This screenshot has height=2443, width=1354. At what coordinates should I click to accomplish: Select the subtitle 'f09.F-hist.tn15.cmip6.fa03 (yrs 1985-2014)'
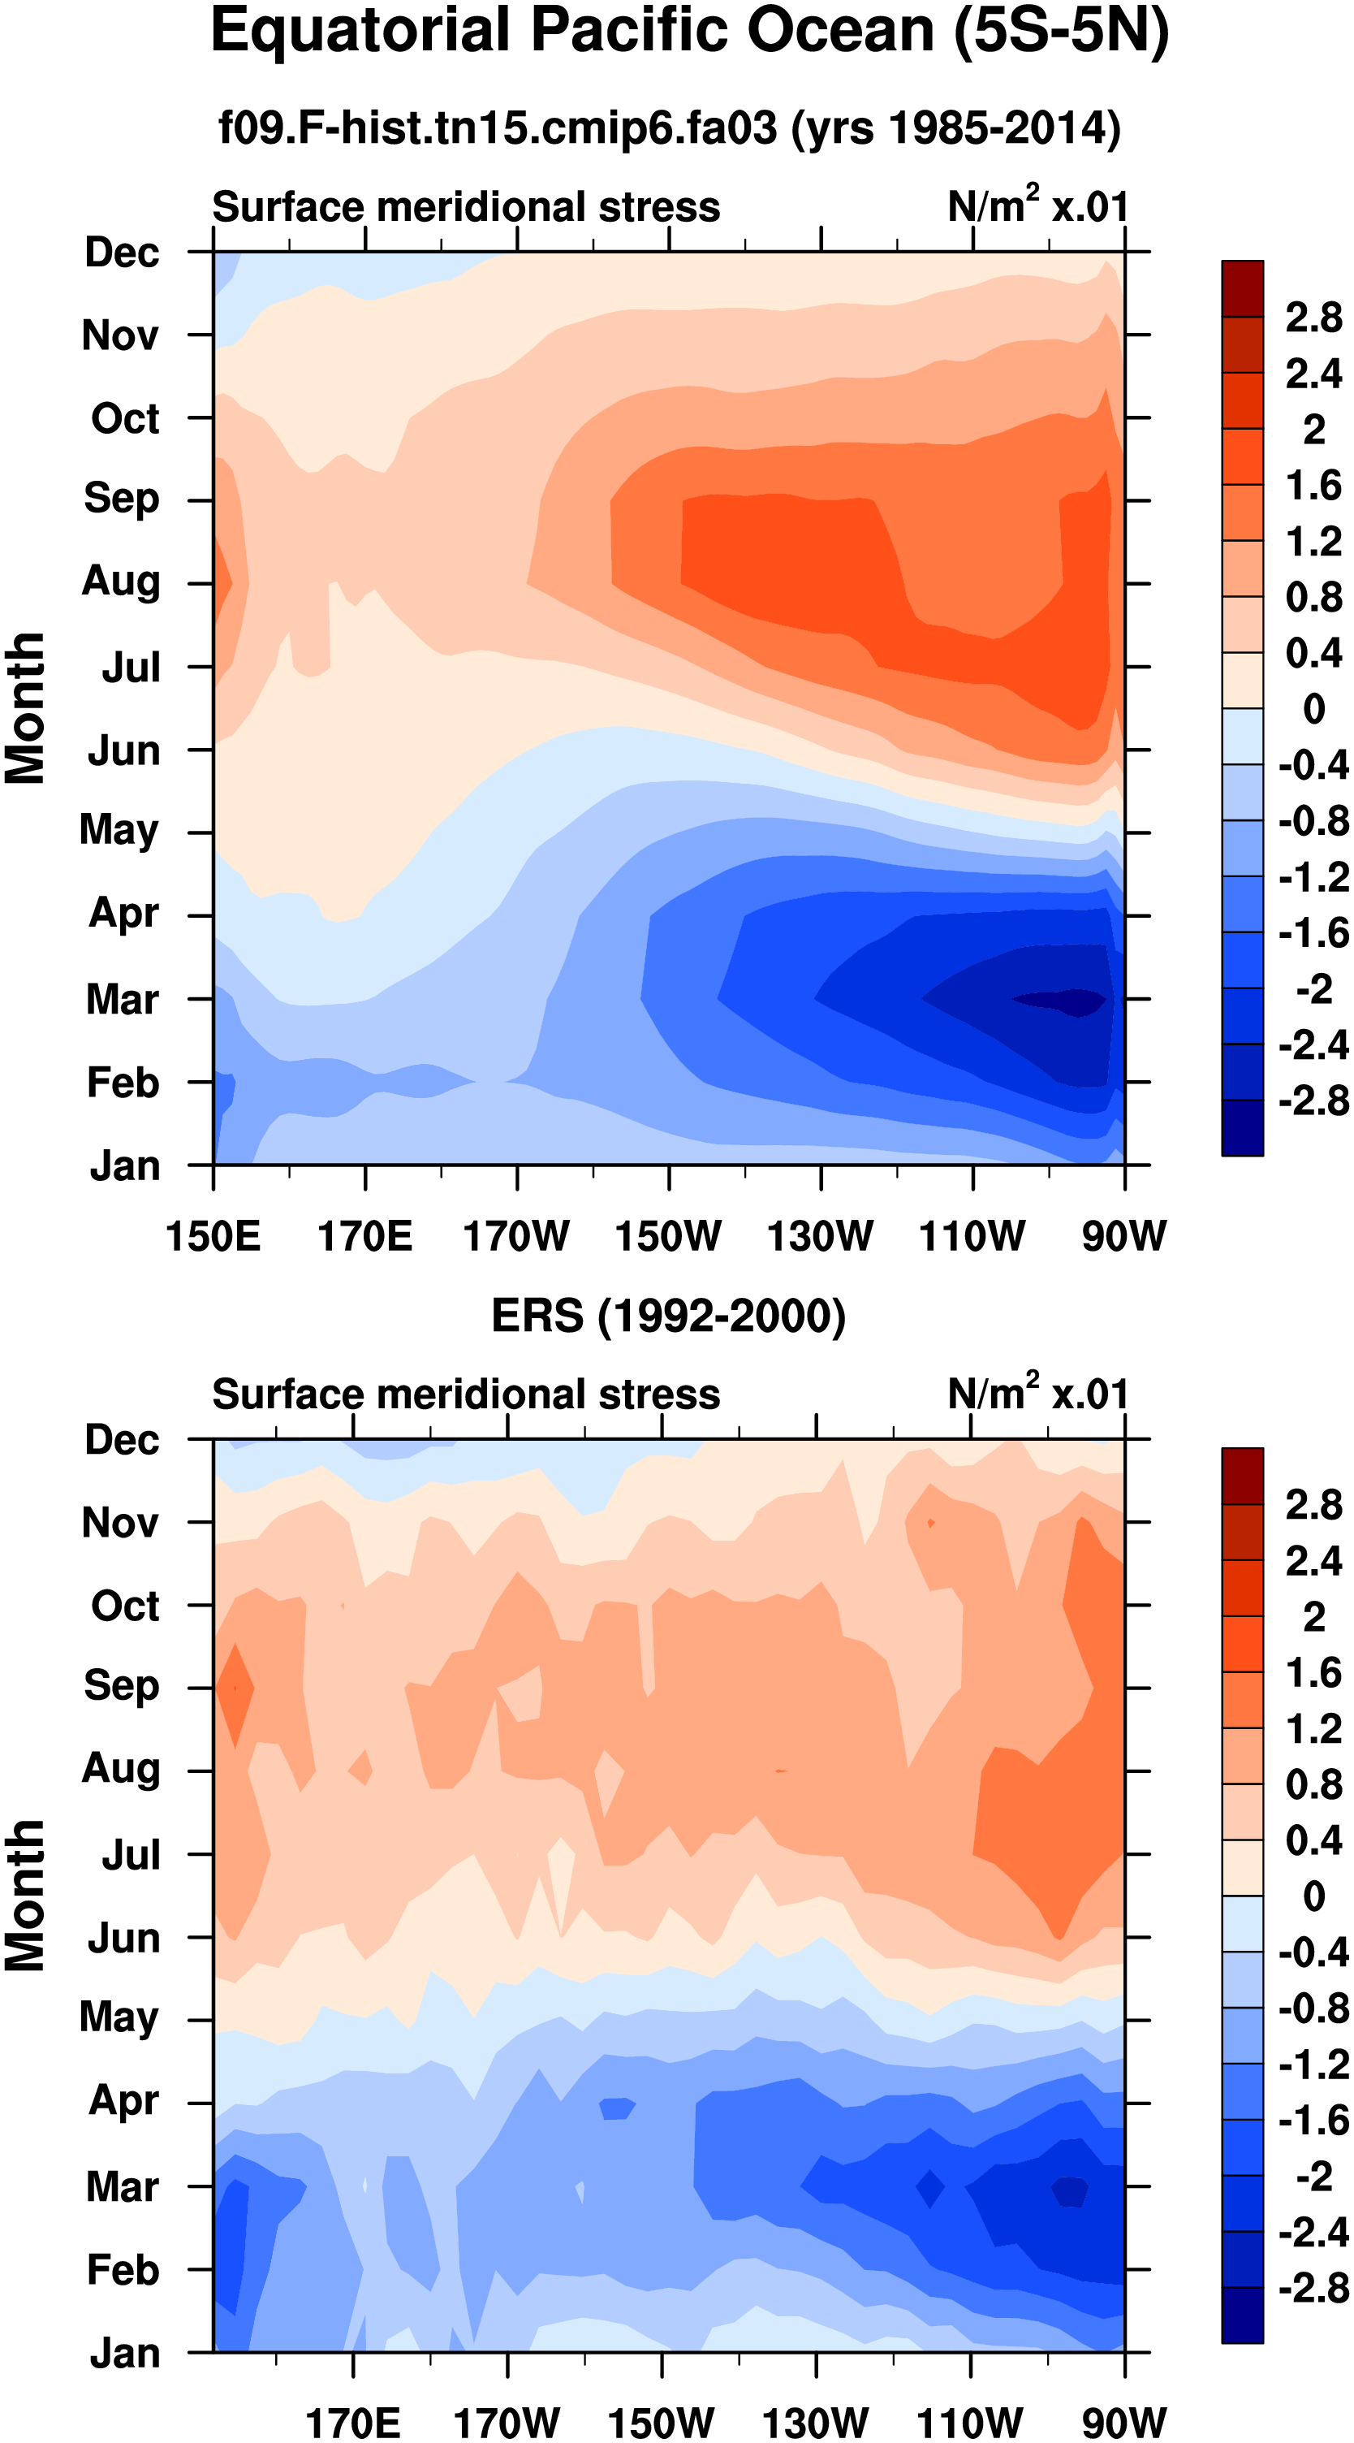[x=670, y=128]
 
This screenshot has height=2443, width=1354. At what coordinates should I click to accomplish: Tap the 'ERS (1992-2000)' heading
[x=668, y=1317]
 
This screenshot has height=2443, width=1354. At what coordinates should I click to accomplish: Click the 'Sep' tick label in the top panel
[x=122, y=499]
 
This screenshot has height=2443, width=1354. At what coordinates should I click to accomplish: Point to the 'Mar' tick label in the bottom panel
[x=123, y=2187]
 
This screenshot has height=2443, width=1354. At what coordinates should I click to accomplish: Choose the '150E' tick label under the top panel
[x=213, y=1237]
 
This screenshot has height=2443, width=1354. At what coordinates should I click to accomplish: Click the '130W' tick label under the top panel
[x=820, y=1237]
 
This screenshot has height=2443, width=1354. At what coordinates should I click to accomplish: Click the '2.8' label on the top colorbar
[x=1313, y=318]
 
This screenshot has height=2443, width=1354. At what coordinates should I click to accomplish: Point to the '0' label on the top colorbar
[x=1313, y=708]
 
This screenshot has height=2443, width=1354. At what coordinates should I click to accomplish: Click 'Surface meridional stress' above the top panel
[x=466, y=207]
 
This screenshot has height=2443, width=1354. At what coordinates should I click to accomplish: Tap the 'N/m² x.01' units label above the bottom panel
[x=1037, y=1394]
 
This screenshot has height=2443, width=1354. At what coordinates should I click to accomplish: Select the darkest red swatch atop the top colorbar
[x=1242, y=288]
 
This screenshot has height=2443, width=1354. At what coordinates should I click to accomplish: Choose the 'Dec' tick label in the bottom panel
[x=123, y=1440]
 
